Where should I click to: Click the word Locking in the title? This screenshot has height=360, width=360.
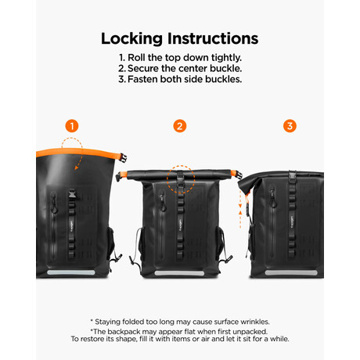point(131,39)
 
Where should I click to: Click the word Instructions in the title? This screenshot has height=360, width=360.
point(213,38)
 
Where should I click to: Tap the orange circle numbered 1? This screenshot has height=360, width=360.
point(72,126)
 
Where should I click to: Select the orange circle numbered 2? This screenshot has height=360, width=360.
point(180,126)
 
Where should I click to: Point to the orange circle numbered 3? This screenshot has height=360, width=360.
point(290,126)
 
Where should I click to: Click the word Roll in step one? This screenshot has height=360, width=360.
point(136,57)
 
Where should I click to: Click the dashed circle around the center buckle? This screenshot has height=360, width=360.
point(181,165)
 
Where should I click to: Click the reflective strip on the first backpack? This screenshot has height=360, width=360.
point(71,272)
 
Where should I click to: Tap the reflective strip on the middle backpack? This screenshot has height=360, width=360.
point(179,273)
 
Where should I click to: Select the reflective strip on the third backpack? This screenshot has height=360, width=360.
point(291,273)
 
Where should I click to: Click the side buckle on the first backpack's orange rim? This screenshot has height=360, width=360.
point(123,158)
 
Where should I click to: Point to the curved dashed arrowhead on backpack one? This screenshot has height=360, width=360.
point(76,167)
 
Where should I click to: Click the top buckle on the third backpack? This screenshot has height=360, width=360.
point(293,175)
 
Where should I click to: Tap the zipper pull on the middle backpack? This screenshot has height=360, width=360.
point(162,202)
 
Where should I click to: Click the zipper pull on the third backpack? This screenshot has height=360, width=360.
point(272,199)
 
